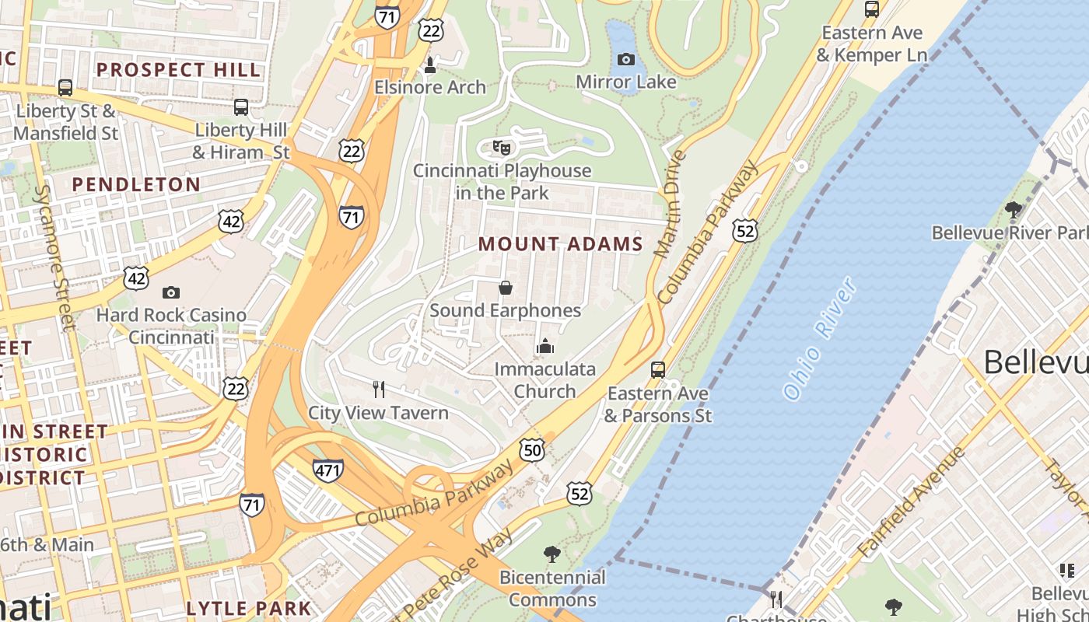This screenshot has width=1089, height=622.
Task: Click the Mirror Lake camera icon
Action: tap(625, 59)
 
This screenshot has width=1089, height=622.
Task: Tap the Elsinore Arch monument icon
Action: tap(429, 65)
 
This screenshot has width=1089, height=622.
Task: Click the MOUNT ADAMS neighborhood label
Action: tap(560, 244)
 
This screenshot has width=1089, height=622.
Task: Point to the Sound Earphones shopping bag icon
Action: tap(506, 288)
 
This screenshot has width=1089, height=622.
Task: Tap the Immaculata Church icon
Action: tap(545, 346)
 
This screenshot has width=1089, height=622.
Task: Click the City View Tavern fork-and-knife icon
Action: tap(379, 389)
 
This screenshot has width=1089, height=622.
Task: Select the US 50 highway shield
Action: tap(532, 449)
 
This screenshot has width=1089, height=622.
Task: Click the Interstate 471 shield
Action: tap(328, 470)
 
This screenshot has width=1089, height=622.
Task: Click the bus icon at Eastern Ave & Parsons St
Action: tap(658, 369)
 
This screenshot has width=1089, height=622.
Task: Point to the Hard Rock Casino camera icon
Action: tap(170, 292)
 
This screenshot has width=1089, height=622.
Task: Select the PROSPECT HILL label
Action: tap(178, 69)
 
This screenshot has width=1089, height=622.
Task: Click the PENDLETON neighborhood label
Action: tap(136, 184)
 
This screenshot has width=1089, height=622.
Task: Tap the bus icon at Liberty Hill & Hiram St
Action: tap(241, 107)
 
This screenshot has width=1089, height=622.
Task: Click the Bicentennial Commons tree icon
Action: tap(552, 554)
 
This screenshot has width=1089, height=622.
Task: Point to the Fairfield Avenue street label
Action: tap(911, 501)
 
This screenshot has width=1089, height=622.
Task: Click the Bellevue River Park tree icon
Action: tap(1013, 208)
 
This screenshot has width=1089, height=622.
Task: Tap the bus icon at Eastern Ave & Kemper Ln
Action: tap(871, 9)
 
